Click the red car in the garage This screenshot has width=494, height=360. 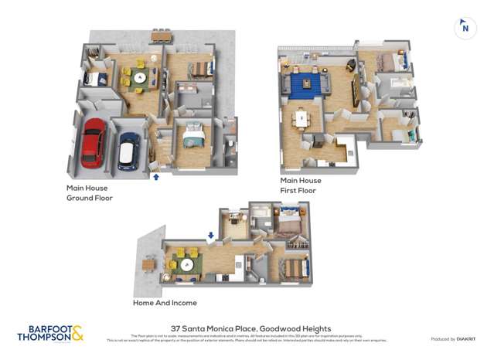point(93,143)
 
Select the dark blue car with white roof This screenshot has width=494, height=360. point(129,151)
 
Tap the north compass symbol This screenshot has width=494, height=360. point(465,27)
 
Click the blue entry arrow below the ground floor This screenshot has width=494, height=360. point(156,177)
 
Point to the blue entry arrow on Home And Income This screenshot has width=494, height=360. point(210,236)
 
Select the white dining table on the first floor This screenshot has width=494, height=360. point(301,120)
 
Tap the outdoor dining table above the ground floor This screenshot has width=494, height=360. point(162,36)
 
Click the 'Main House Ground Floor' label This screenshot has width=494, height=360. point(89,193)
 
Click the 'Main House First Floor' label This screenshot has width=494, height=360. point(302,185)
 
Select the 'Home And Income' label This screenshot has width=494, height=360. point(165,303)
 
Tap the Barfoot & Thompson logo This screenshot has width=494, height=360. point(49,333)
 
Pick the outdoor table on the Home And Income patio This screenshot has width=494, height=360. point(148,264)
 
